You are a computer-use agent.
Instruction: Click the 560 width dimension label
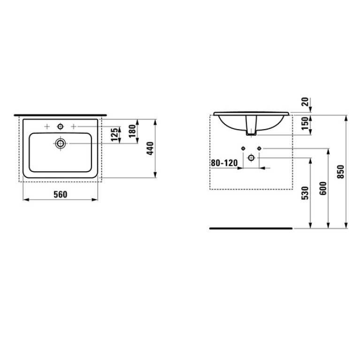61,194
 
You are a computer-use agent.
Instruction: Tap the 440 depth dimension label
150,148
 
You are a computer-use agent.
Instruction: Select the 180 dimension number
132,131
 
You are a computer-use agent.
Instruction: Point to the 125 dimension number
115,135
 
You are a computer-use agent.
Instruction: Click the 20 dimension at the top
305,102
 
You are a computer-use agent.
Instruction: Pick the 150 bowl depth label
305,123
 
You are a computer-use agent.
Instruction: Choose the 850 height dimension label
341,172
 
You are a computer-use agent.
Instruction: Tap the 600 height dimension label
323,188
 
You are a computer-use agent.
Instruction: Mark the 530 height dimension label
305,193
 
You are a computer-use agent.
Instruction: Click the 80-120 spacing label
224,163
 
